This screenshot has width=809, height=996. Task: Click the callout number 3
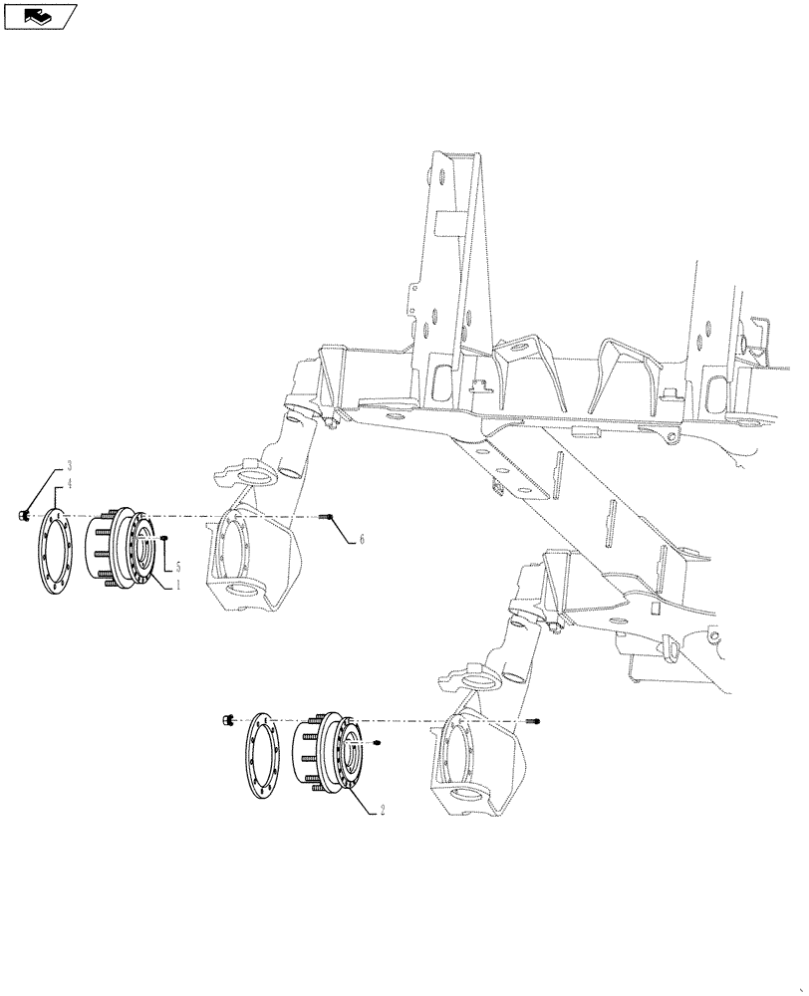[x=70, y=466]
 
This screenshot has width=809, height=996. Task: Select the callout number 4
[x=70, y=486]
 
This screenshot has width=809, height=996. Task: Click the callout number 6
[x=362, y=539]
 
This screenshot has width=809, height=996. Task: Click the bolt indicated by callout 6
[x=331, y=517]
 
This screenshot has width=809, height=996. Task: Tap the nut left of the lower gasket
[x=227, y=719]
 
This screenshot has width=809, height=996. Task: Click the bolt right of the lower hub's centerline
[x=538, y=719]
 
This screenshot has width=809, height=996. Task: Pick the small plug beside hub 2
[x=379, y=743]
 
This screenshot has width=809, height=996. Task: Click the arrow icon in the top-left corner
[x=39, y=16]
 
